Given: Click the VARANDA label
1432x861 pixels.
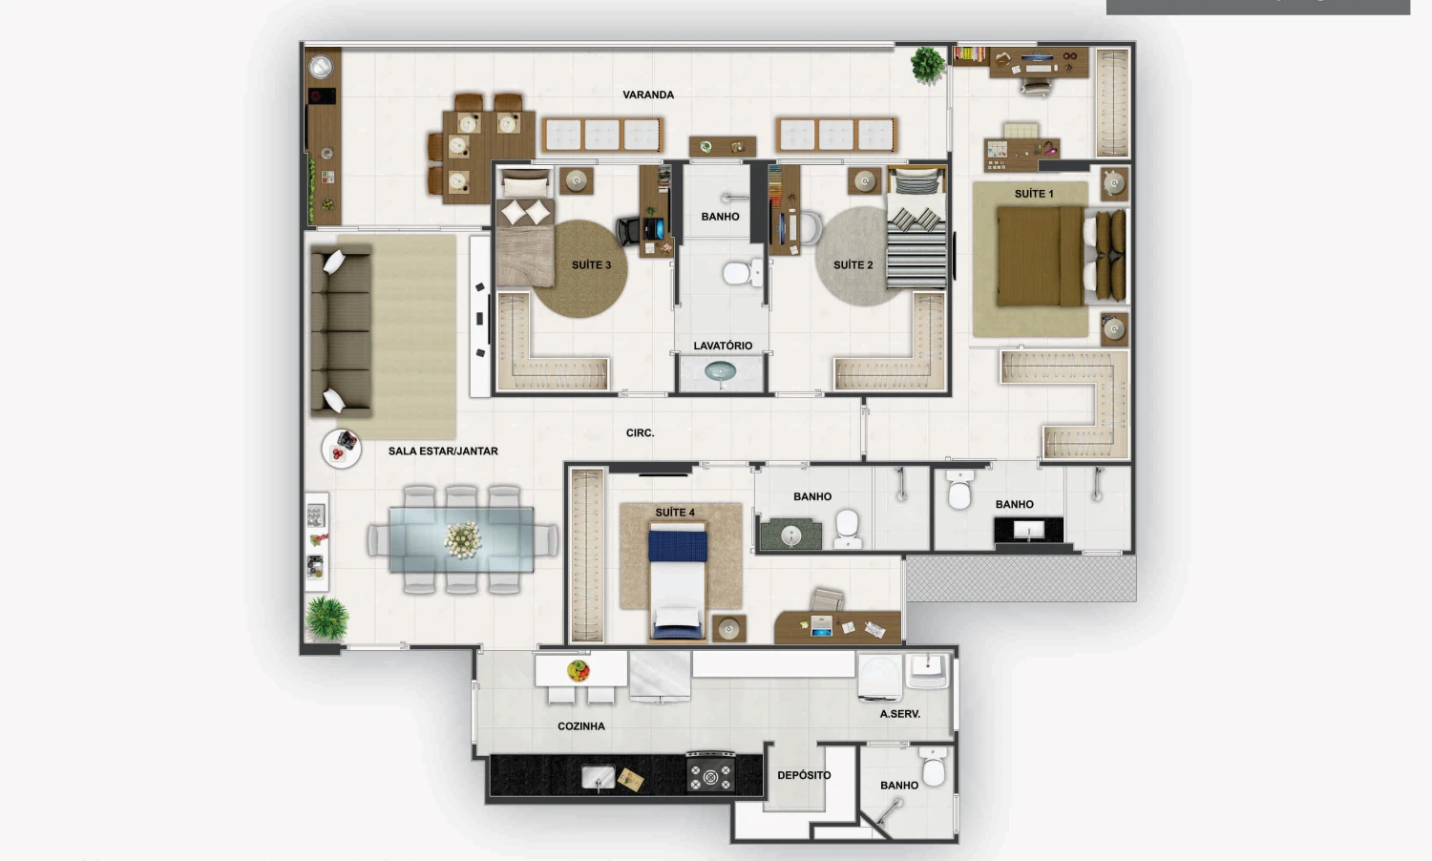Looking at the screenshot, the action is (x=647, y=94).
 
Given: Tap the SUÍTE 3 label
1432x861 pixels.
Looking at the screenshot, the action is (x=591, y=264).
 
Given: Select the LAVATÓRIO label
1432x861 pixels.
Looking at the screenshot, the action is (x=723, y=346).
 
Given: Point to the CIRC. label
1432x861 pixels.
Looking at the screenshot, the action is (x=640, y=432).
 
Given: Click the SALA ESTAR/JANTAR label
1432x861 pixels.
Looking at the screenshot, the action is (x=443, y=451).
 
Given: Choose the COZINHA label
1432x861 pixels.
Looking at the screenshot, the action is (x=580, y=726).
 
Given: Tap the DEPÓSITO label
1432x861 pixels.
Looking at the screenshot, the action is (x=804, y=775).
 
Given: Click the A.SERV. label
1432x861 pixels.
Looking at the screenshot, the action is (x=899, y=714).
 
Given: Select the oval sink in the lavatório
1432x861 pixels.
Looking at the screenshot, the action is (x=720, y=370).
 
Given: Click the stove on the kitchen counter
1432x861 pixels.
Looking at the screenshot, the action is (x=710, y=772).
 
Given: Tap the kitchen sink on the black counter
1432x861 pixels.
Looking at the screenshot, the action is (x=598, y=778).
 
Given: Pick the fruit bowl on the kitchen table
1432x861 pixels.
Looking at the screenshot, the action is (x=578, y=670).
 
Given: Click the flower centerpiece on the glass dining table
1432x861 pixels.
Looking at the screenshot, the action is (x=463, y=539).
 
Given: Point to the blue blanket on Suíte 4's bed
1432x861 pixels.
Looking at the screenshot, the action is (x=678, y=547).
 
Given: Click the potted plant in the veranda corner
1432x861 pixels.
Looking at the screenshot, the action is (x=927, y=65).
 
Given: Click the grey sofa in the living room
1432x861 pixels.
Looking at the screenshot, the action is (x=341, y=331).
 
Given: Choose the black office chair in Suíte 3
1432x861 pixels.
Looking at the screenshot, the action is (x=630, y=231).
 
